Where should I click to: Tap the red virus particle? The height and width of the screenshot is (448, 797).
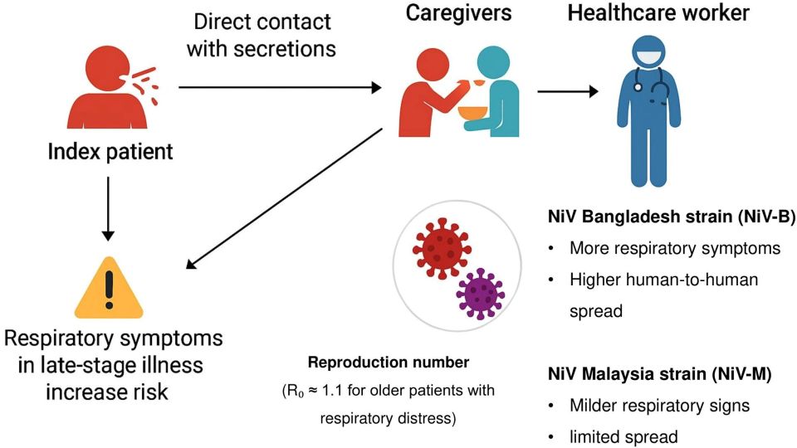pyautogui.click(x=439, y=246)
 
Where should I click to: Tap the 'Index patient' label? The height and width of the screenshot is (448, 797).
pyautogui.click(x=110, y=152)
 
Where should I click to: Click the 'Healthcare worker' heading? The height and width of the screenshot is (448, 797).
pyautogui.click(x=658, y=14)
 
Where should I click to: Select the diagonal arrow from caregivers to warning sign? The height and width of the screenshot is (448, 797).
pyautogui.click(x=282, y=199)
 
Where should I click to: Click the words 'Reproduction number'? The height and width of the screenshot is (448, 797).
pyautogui.click(x=389, y=363)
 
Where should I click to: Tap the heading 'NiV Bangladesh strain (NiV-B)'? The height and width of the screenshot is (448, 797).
pyautogui.click(x=660, y=217)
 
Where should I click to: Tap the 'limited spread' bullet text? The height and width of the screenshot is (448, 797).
pyautogui.click(x=623, y=436)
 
